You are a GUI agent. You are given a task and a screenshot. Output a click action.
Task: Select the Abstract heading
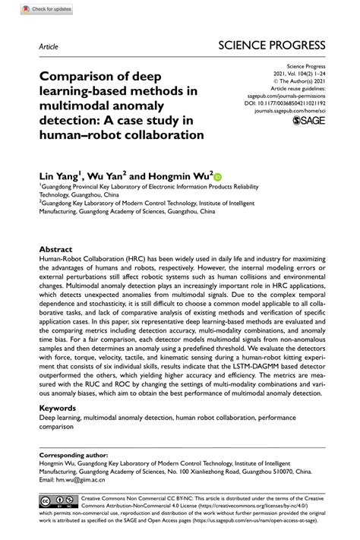pyautogui.click(x=56, y=248)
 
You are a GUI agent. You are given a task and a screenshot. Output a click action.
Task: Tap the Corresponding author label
pyautogui.click(x=73, y=455)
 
